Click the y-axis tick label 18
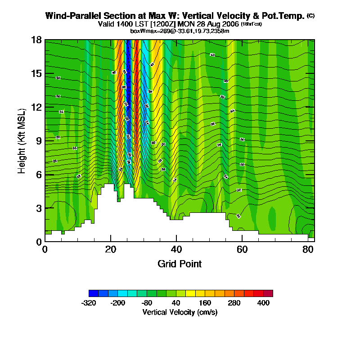coord(36,40)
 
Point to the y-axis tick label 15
coord(36,73)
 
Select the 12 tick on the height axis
coord(36,107)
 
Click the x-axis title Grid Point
coord(180,264)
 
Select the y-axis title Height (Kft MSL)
coord(22,140)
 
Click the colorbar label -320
coord(89,303)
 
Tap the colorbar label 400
coord(263,303)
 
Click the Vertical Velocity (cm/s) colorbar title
coord(180,312)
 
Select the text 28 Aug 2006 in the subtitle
coord(218,23)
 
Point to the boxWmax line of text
coord(180,31)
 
